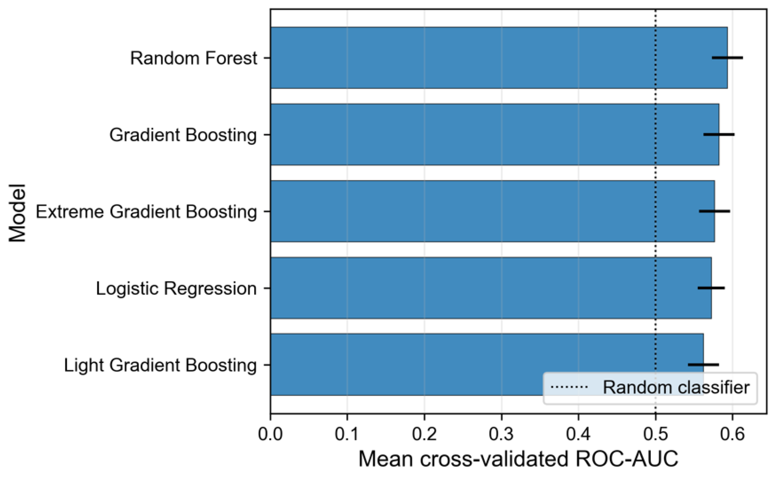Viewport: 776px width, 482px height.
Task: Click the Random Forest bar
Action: (499, 58)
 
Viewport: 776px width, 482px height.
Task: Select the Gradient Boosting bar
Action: (495, 135)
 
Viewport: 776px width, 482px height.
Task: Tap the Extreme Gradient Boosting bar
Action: (493, 211)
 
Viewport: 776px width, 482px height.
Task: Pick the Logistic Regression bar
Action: (491, 288)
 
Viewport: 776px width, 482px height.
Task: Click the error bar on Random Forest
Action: (727, 58)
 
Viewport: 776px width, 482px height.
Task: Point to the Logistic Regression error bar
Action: (711, 288)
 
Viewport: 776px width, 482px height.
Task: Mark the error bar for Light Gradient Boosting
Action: (704, 364)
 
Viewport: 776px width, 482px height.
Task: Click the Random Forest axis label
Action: (194, 58)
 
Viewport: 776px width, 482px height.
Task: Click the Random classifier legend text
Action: (676, 388)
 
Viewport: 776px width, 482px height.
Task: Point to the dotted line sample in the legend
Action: (569, 387)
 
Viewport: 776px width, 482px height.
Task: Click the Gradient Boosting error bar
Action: (719, 135)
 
